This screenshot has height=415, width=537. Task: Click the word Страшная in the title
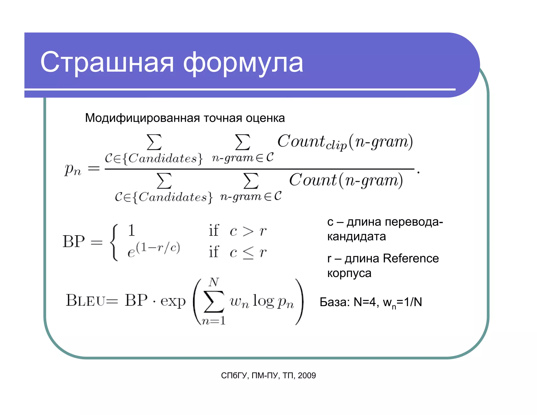click(107, 62)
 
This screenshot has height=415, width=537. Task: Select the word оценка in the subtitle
click(265, 118)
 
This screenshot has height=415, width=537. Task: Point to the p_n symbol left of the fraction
click(73, 169)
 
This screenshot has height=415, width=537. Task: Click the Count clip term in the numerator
click(312, 142)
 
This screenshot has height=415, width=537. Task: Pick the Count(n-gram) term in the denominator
click(346, 180)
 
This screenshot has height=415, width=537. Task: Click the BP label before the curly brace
click(74, 241)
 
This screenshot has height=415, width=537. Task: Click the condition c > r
click(248, 231)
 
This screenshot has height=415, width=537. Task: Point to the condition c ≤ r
click(248, 253)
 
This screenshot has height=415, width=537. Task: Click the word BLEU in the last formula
click(85, 300)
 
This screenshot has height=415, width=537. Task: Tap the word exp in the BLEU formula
click(173, 301)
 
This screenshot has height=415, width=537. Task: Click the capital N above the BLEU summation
click(214, 283)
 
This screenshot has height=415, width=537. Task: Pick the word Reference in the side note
click(411, 258)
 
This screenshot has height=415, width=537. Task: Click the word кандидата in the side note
click(356, 237)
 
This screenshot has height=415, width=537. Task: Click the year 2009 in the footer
click(307, 376)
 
